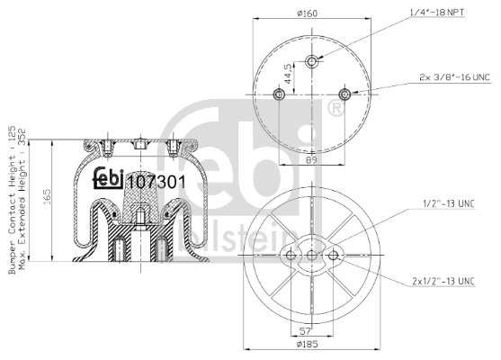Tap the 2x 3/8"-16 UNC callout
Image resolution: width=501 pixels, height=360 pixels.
[x=455, y=78]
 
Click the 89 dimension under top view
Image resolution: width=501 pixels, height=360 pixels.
[x=311, y=160]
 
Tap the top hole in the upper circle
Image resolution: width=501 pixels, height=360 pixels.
[x=311, y=61]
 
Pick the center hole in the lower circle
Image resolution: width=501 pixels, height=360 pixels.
[x=311, y=257]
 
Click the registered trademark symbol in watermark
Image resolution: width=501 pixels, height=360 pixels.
[x=337, y=109]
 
